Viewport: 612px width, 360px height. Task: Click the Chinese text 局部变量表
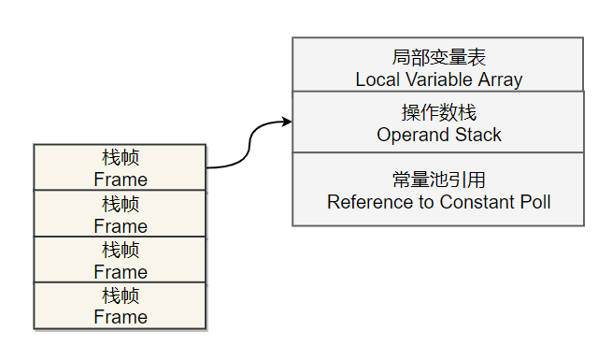click(438, 58)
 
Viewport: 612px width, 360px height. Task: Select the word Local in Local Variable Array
click(377, 80)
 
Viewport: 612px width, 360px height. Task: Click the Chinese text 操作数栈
click(438, 113)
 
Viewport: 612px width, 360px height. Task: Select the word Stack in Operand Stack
click(477, 136)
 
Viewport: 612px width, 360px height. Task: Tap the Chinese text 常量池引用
click(438, 180)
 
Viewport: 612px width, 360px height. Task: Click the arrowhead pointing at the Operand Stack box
click(286, 122)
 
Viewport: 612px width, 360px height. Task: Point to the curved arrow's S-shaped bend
click(250, 145)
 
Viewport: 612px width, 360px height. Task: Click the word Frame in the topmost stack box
click(121, 180)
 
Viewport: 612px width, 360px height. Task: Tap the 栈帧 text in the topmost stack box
click(121, 157)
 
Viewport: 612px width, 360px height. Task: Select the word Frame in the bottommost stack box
click(121, 318)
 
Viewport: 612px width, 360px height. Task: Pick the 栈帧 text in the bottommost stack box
click(121, 295)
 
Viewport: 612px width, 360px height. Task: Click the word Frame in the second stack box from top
click(121, 226)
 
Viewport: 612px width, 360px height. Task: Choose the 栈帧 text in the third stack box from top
click(121, 250)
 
